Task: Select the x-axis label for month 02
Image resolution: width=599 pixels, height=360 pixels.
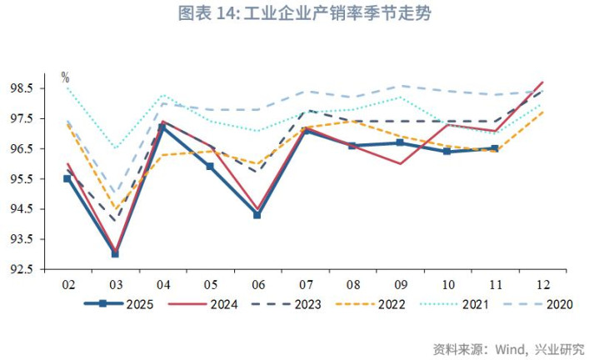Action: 67,284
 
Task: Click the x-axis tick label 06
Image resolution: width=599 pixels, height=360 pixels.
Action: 257,284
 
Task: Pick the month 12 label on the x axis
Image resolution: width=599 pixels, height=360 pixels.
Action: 542,284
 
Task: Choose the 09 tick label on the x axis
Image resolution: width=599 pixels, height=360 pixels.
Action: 400,284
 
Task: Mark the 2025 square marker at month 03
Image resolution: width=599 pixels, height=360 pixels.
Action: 115,253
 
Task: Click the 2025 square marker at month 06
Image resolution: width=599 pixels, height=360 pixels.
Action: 257,215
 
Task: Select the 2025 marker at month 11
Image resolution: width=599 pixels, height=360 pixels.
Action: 495,148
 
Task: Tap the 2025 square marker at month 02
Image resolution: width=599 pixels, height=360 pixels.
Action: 67,178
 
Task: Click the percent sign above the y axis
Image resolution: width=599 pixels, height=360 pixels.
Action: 65,77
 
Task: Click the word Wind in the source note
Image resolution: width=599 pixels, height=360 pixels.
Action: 510,347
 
